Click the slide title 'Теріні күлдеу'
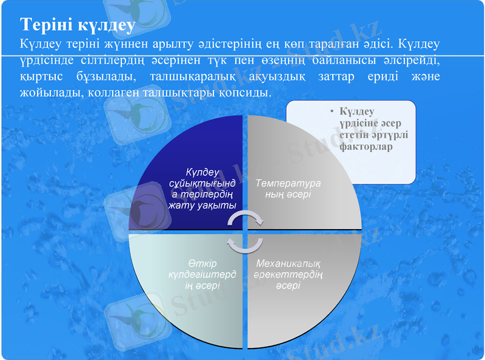(77, 25)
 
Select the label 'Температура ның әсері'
(287, 188)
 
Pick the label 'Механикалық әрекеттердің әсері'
(288, 274)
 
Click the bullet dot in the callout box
(332, 112)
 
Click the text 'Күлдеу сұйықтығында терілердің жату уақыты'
(202, 188)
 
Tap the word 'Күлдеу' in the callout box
(357, 112)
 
